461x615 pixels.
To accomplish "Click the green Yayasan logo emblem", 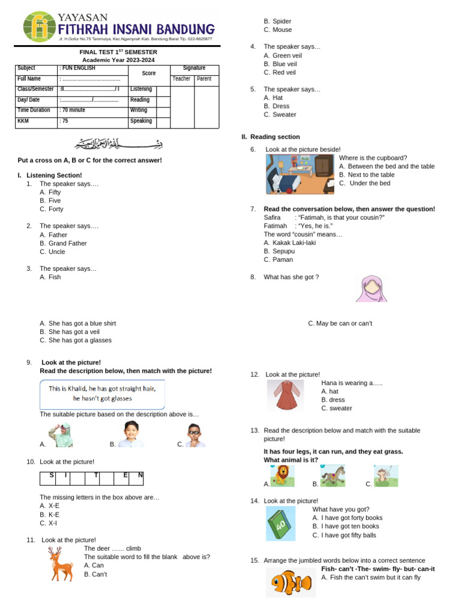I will point(40,28).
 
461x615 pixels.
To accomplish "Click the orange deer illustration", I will point(61,563).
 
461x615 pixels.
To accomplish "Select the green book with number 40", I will point(281,523).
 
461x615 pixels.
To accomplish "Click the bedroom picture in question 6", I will point(300,174).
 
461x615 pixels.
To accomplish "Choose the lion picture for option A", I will point(282,475).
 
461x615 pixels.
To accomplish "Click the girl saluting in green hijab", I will point(61,435).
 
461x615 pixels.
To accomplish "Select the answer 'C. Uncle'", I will point(53,252).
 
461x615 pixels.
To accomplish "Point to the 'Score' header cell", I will point(149,73).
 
